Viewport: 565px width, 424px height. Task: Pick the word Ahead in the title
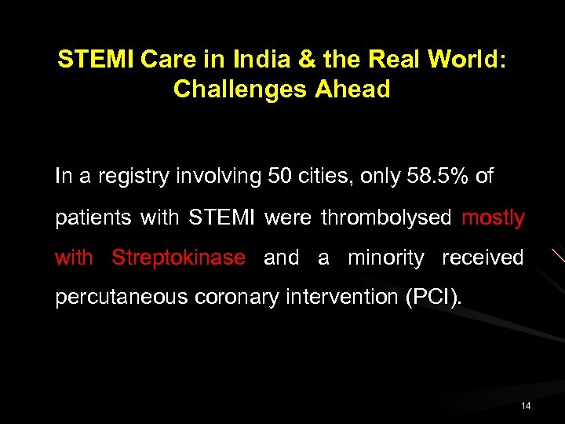pos(352,90)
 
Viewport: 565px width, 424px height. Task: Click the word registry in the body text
pos(129,177)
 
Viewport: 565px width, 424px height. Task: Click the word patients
pos(93,217)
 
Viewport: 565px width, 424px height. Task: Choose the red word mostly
pos(493,217)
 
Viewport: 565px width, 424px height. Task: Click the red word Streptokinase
pos(178,258)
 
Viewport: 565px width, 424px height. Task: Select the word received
pos(483,258)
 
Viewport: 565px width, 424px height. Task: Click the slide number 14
pos(525,406)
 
